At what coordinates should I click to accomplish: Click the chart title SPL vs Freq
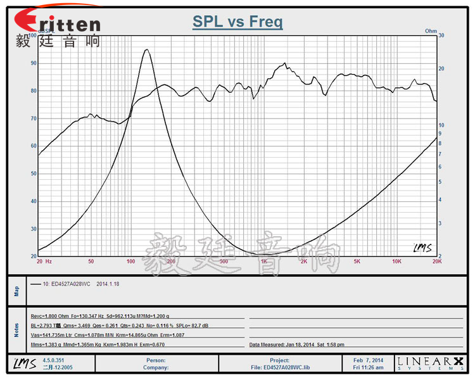[237, 22]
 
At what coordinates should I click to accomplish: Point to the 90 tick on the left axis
[33, 63]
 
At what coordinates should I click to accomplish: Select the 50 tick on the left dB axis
[33, 174]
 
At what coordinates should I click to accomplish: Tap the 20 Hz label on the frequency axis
[44, 261]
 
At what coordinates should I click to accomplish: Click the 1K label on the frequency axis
[264, 261]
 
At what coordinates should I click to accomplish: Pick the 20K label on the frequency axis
[436, 261]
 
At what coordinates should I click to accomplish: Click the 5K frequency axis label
[357, 261]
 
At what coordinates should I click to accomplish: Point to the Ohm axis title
[431, 30]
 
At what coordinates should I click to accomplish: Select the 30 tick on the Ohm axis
[441, 36]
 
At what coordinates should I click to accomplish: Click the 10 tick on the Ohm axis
[441, 125]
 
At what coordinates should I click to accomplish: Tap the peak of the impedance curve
[147, 50]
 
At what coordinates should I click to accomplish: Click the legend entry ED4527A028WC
[73, 284]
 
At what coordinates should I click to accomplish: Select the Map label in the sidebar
[17, 290]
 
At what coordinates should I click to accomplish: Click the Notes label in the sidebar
[17, 329]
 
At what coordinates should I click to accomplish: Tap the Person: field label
[155, 360]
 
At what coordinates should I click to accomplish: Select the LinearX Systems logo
[430, 363]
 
